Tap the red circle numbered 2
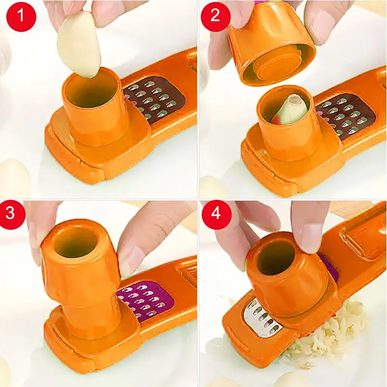pos(215,15)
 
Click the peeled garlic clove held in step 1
pos(79,45)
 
